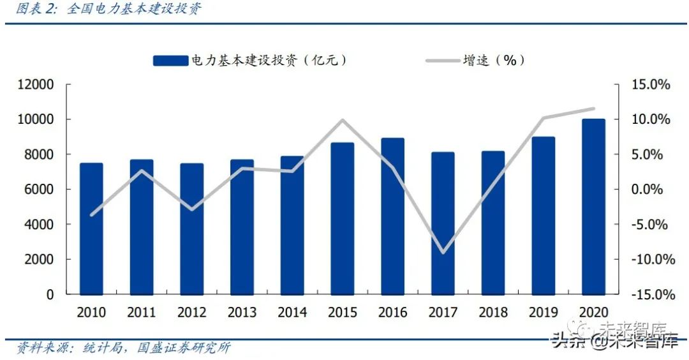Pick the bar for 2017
[x=443, y=223]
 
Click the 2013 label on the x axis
[x=242, y=313]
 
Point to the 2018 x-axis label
[x=493, y=313]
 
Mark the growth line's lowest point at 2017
[x=443, y=253]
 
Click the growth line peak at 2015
[x=342, y=120]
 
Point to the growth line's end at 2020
[x=593, y=109]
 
